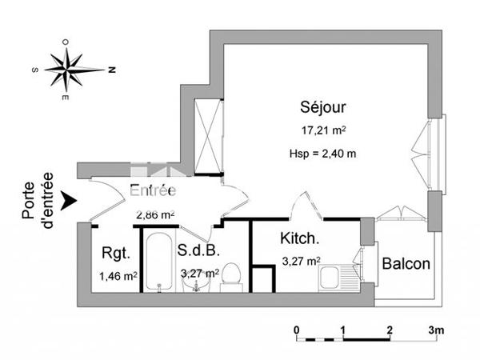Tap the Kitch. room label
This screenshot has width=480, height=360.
[x=301, y=238]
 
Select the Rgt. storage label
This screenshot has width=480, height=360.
[x=114, y=254]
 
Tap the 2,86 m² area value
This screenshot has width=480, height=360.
[x=155, y=214]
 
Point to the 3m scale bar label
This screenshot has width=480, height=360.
[x=437, y=330]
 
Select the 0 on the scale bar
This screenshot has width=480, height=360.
[x=296, y=330]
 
